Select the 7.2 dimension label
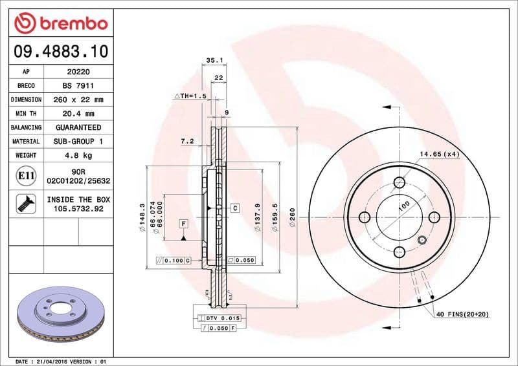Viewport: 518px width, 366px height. [187, 141]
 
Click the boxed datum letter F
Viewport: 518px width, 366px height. [184, 224]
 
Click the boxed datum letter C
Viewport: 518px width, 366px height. [235, 208]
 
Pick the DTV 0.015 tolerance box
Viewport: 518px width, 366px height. [223, 319]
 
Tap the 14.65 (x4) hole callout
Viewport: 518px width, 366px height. [439, 154]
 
